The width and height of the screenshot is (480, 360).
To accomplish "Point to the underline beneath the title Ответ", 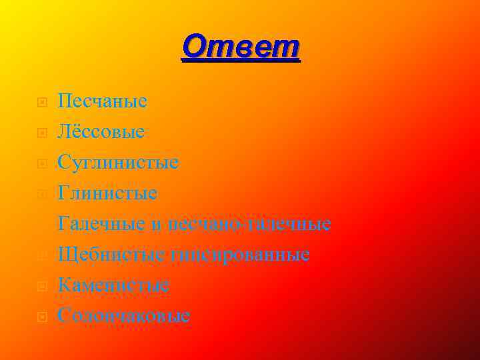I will pos(241,61).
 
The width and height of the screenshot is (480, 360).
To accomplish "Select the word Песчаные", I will pos(102,101).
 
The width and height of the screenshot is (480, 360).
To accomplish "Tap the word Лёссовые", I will pos(101,132).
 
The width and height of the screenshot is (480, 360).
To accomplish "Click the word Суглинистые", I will pos(118,162).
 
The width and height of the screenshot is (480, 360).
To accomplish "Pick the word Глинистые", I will pos(107,193).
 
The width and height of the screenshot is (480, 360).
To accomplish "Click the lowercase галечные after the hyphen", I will pos(289,224).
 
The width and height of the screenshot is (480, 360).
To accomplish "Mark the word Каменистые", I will pos(113,285).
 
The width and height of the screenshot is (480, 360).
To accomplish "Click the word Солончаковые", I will pos(124,315).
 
